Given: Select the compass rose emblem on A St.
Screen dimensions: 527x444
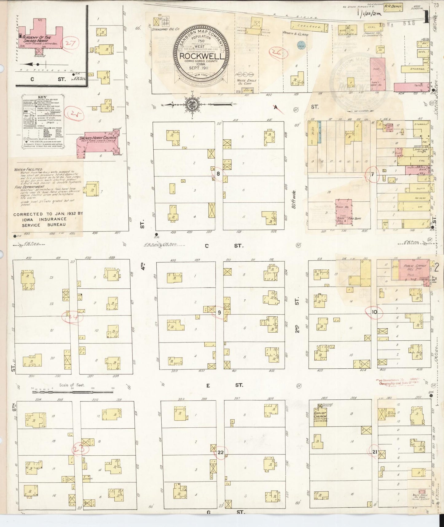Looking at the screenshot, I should tap(193, 105).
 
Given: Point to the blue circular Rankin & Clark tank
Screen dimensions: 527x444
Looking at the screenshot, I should tap(301, 46).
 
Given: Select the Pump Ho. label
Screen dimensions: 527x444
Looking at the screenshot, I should tap(343, 207).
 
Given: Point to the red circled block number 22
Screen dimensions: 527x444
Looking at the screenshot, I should tap(220, 452).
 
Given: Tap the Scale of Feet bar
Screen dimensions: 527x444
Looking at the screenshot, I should tap(72, 392).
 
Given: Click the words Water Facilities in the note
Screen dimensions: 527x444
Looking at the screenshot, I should tap(28, 169).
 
